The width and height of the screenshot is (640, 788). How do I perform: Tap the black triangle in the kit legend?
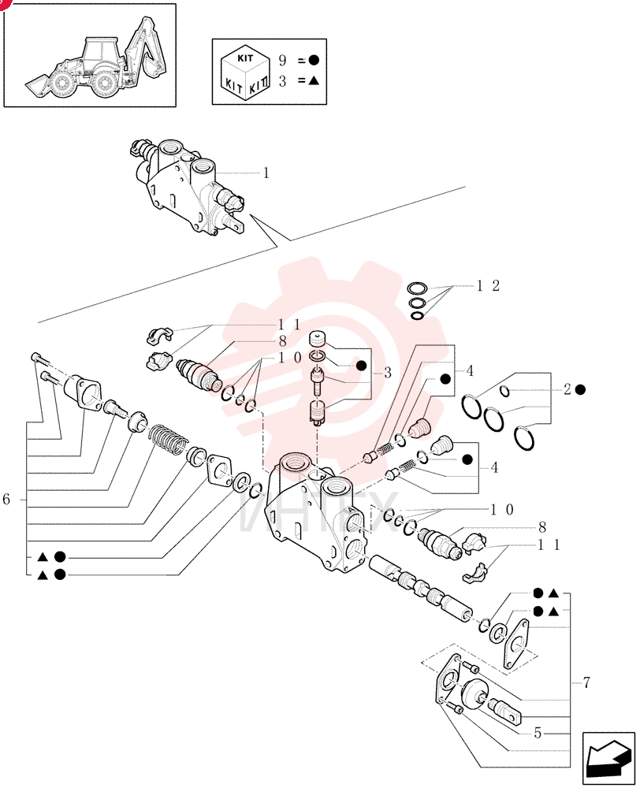tap(314, 80)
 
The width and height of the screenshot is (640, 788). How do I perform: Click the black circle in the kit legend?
tap(314, 61)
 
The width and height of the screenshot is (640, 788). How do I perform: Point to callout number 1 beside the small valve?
tap(266, 173)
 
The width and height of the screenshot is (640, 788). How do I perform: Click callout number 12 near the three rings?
tap(488, 286)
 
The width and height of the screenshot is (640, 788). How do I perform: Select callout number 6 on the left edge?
tap(6, 500)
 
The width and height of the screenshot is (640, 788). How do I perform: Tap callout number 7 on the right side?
tap(586, 682)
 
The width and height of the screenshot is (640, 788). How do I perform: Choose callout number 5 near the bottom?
tap(538, 733)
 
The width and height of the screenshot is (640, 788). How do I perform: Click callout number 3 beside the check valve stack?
tap(388, 373)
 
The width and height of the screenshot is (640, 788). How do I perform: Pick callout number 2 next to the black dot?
tap(567, 389)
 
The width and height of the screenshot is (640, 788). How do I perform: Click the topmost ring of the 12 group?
tap(417, 288)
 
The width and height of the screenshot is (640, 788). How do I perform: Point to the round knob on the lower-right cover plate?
tap(474, 692)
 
